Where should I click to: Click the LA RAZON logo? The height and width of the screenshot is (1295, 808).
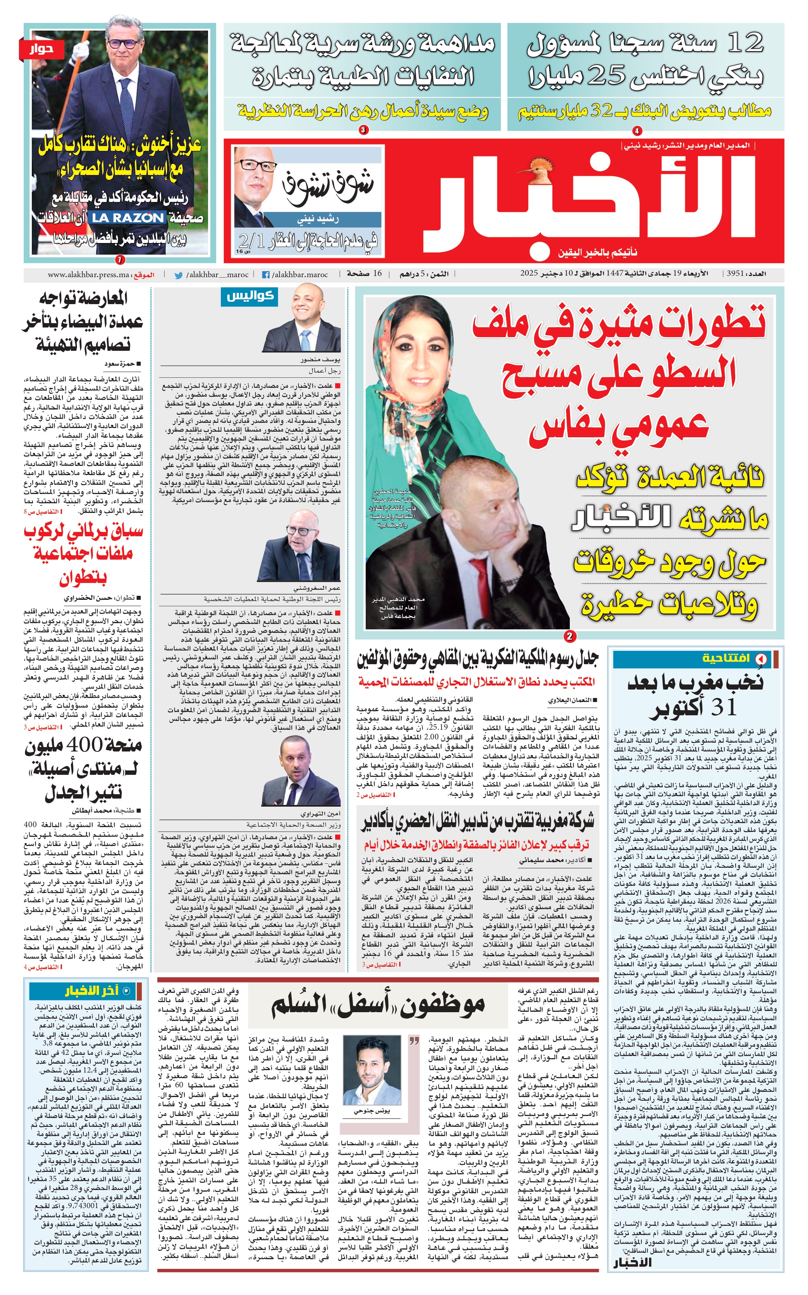tap(127, 217)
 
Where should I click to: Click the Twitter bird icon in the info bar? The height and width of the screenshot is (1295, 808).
tap(179, 275)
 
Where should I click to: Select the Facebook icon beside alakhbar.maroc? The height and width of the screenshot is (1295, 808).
tap(265, 275)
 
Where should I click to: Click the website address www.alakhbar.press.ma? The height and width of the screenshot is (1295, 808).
tap(88, 275)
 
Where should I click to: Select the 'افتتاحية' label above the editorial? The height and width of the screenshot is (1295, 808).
tap(726, 658)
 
